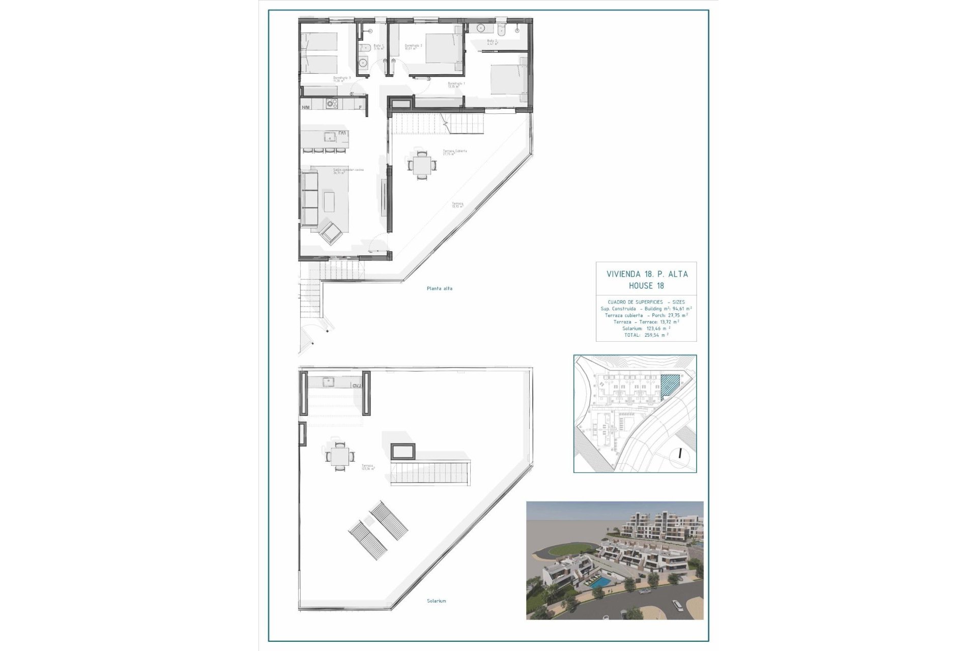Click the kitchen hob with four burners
click(332, 104)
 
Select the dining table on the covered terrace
click(421, 165)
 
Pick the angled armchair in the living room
click(331, 233)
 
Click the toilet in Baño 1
click(364, 49)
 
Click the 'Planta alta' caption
click(439, 288)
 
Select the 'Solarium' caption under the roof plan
click(436, 601)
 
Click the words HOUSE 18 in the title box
click(646, 286)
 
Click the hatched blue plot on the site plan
click(670, 385)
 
